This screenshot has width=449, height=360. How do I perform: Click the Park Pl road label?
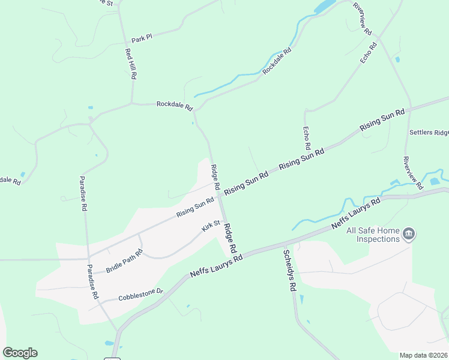142,38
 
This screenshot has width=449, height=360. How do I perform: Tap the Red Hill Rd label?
131,64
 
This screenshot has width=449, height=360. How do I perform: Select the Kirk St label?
211,226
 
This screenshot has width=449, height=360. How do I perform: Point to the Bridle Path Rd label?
124,261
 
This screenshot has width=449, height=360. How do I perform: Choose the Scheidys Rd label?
289,271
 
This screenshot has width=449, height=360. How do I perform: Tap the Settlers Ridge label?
429,132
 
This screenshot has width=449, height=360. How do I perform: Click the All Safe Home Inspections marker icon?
409,234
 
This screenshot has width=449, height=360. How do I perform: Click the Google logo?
20,352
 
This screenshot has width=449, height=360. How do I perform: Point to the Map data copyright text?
424,355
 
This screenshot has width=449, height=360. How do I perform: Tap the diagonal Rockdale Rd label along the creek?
276,61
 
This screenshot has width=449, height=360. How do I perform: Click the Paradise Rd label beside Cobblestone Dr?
92,282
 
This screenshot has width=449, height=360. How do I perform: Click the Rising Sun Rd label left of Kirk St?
195,208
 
